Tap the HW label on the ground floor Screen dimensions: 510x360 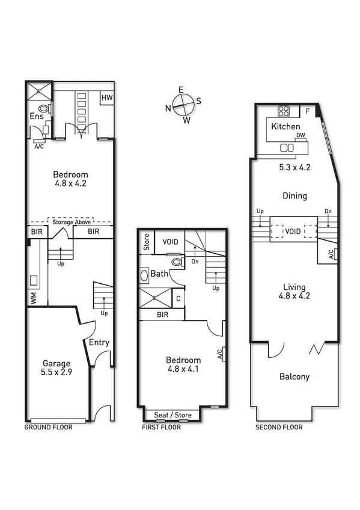tap(106, 97)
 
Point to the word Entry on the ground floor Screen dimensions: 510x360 tap(99, 343)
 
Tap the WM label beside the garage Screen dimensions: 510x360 tap(34, 299)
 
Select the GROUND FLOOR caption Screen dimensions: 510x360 tap(48, 428)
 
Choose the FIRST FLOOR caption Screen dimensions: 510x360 tap(162, 428)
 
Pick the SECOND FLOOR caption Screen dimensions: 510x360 tap(279, 428)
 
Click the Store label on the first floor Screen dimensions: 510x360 tap(146, 242)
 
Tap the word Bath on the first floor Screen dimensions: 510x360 tap(159, 274)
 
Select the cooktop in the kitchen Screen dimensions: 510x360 tap(284, 111)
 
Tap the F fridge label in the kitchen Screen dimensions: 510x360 tap(307, 111)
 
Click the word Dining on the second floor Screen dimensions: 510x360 tap(294, 195)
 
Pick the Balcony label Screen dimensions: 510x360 tap(294, 377)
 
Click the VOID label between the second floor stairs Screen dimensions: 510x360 tap(293, 231)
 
